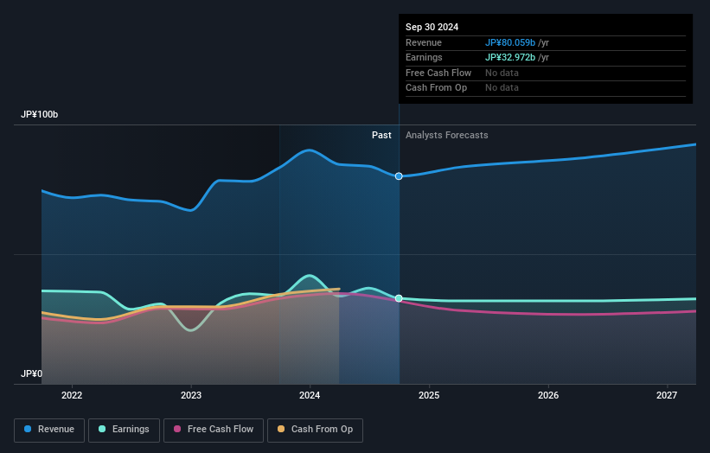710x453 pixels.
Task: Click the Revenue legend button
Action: [x=49, y=429]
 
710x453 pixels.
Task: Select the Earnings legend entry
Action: [x=124, y=429]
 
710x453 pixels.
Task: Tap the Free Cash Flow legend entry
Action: [x=214, y=429]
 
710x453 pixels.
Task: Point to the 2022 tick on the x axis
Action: [x=72, y=395]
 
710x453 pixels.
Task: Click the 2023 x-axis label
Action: [x=191, y=395]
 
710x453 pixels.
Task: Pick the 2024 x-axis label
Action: [x=310, y=395]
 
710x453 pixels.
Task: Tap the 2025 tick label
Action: [x=429, y=395]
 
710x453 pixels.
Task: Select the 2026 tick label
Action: [x=547, y=395]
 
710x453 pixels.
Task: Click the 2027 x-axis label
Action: [x=667, y=395]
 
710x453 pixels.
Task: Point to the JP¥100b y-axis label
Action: [x=40, y=115]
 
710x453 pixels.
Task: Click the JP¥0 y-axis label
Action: [x=31, y=373]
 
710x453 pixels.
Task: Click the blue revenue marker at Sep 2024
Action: [x=399, y=175]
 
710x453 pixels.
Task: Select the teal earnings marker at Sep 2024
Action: [x=399, y=298]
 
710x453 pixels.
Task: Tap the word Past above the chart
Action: [x=381, y=135]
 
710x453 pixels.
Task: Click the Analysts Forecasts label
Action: [x=446, y=135]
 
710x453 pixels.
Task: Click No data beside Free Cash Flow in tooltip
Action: [x=502, y=73]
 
